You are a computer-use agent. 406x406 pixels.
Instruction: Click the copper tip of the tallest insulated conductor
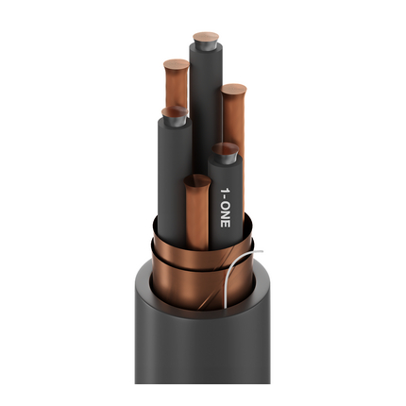[x=206, y=37]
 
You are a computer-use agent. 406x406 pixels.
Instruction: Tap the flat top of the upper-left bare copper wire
[x=177, y=64]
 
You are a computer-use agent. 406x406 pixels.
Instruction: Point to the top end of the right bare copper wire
[x=233, y=89]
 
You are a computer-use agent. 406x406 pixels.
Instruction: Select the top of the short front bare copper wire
[x=197, y=179]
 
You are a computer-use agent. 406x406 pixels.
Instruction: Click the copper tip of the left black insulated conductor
[x=175, y=111]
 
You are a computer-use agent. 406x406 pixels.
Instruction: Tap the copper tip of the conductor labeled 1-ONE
[x=225, y=148]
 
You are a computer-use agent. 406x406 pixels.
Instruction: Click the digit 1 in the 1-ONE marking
[x=226, y=191]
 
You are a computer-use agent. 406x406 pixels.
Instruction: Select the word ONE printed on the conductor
[x=226, y=215]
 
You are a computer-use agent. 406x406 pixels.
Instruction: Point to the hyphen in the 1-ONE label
[x=226, y=198]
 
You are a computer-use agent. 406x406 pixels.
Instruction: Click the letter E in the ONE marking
[x=226, y=224]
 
